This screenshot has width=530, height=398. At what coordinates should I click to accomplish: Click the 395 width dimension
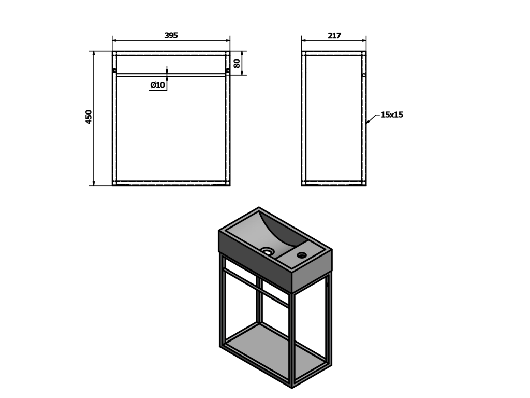coord(171,35)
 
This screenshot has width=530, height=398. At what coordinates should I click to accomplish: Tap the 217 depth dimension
coord(334,35)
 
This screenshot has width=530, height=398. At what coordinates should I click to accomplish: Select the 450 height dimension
coord(89,117)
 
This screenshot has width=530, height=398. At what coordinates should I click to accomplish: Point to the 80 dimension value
coord(237,63)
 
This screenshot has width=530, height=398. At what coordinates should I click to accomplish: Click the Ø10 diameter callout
coord(158,84)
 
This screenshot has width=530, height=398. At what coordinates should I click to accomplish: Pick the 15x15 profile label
coord(392,115)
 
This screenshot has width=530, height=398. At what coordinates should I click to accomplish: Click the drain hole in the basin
coord(268,251)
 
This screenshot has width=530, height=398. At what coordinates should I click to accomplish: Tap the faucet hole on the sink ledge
coord(301,254)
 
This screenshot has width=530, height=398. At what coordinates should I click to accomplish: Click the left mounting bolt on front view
coord(114,70)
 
